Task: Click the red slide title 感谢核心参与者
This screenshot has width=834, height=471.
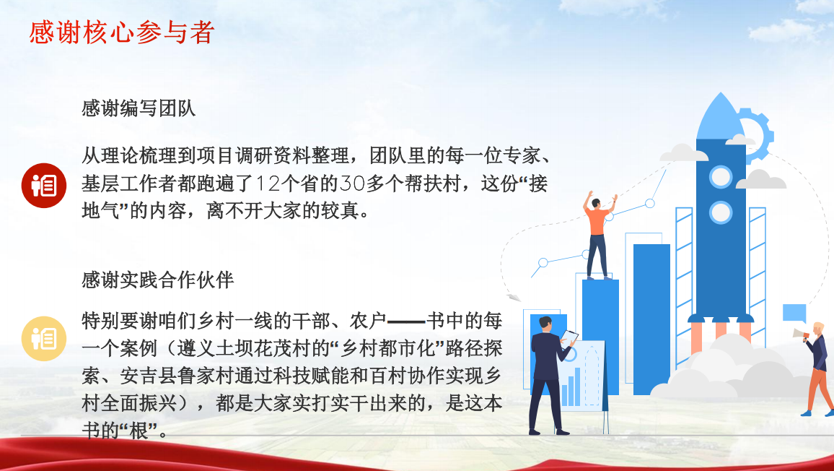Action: pyautogui.click(x=122, y=32)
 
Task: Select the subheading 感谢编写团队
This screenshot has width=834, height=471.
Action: pyautogui.click(x=139, y=108)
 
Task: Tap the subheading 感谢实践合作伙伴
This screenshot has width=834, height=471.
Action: pyautogui.click(x=158, y=280)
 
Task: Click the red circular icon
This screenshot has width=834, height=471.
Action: pyautogui.click(x=43, y=186)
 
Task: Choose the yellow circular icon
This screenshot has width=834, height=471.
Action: pyautogui.click(x=43, y=338)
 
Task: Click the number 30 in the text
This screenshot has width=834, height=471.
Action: pyautogui.click(x=352, y=183)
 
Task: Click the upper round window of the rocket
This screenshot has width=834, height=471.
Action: pyautogui.click(x=721, y=177)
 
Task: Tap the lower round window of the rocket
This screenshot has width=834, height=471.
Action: pyautogui.click(x=721, y=212)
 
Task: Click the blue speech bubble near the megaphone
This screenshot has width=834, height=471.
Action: pyautogui.click(x=794, y=314)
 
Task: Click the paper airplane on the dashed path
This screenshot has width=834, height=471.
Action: pyautogui.click(x=513, y=298)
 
